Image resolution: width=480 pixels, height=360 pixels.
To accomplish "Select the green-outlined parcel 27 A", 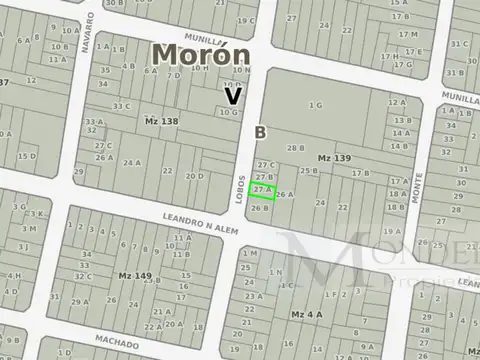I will click(262, 189).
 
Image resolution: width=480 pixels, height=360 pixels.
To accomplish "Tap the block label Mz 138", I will click(161, 120).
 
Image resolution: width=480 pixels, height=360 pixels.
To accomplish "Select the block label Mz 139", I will click(335, 158).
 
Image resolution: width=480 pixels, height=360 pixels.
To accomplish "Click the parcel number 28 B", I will click(295, 148).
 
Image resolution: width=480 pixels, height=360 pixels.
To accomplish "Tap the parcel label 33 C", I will click(122, 106).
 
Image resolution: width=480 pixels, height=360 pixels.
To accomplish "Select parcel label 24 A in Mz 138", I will click(131, 162).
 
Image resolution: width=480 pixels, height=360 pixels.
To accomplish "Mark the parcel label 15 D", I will click(27, 156).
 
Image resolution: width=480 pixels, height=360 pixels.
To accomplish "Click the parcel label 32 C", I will click(84, 275).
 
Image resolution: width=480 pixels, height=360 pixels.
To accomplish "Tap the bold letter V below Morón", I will click(233, 96).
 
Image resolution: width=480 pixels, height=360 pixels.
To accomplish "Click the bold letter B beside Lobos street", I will click(261, 133).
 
